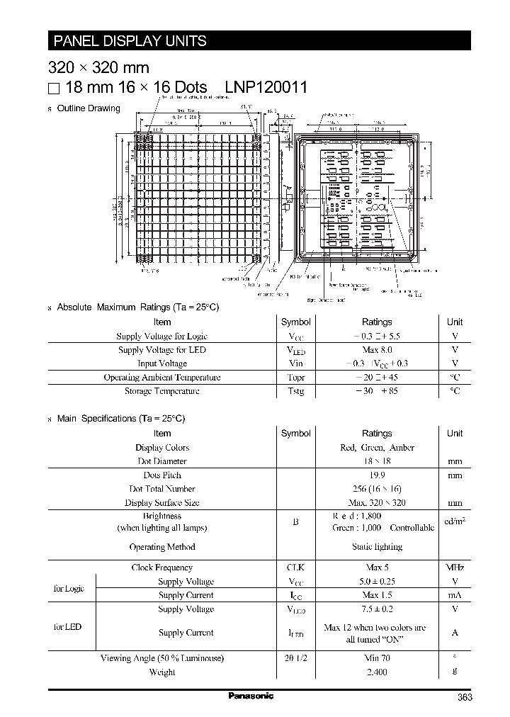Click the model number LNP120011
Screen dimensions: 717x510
(266, 88)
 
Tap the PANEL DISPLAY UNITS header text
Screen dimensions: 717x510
(130, 40)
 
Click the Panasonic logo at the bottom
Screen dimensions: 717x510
(251, 696)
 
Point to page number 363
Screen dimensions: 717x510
(465, 697)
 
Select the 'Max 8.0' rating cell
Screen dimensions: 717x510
(377, 350)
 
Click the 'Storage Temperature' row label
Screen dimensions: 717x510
(162, 391)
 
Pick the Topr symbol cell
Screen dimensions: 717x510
(295, 378)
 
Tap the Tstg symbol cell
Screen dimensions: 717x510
(295, 391)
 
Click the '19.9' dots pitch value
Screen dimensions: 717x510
(377, 475)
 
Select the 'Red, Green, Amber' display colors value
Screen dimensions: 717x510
(377, 448)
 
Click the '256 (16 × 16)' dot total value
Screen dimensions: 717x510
(377, 489)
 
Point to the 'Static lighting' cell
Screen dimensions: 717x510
(377, 547)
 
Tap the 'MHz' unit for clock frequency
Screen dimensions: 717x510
(455, 568)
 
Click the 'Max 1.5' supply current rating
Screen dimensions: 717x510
(377, 595)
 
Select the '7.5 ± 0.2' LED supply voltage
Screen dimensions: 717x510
(377, 609)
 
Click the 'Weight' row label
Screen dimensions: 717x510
(162, 672)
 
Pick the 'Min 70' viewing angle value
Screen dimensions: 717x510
(377, 658)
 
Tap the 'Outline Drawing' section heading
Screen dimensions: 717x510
(88, 108)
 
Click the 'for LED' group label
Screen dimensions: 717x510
(68, 627)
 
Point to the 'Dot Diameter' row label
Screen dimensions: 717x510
(162, 461)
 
